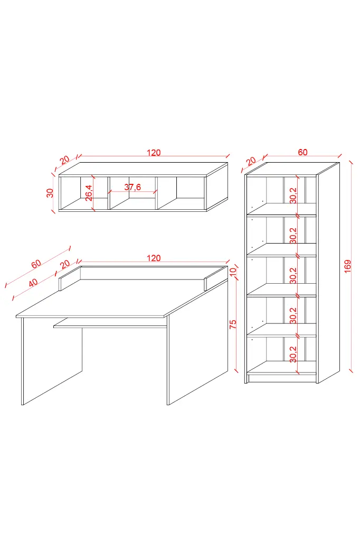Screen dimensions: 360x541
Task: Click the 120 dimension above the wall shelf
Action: tap(154, 153)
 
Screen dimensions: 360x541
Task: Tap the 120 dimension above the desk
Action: tap(154, 258)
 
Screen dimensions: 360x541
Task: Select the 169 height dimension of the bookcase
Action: tap(347, 266)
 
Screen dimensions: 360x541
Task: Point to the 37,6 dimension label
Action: tap(133, 187)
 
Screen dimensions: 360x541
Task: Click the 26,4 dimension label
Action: tap(89, 192)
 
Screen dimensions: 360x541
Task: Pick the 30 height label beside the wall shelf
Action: tap(50, 193)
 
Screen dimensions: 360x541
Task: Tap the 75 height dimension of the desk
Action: tap(233, 324)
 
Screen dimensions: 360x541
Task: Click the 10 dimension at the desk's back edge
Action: tap(233, 271)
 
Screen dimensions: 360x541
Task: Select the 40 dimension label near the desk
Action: tap(33, 283)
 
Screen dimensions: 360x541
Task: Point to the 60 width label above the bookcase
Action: tap(302, 152)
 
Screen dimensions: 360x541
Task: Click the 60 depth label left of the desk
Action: tap(36, 264)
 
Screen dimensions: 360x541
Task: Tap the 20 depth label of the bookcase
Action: tap(251, 161)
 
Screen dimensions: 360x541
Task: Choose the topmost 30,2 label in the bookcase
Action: tap(293, 195)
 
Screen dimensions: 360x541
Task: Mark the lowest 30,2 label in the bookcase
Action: tap(293, 355)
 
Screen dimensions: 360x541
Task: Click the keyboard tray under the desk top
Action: tap(110, 323)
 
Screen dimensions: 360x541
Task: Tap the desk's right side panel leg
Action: tap(197, 342)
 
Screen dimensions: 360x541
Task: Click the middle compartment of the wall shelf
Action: tap(133, 193)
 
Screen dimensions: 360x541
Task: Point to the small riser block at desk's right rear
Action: tap(215, 279)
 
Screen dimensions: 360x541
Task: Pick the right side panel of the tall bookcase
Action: tap(328, 273)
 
